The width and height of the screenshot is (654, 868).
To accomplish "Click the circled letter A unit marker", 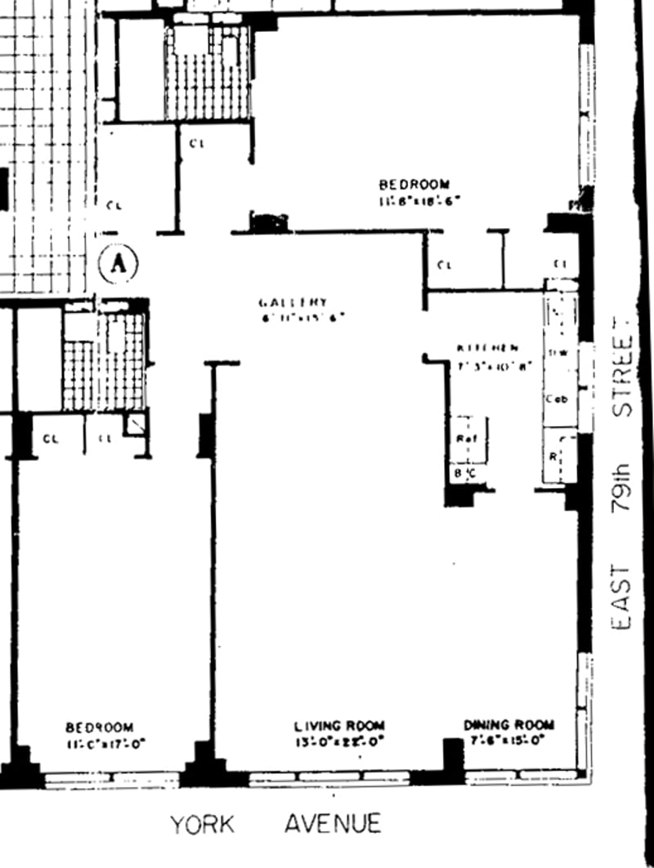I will pos(119,263).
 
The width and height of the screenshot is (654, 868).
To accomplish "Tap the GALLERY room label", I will pos(294,302).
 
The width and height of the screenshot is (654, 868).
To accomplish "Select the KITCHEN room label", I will pos(487,348).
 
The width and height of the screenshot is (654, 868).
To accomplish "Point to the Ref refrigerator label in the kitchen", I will pos(466,439).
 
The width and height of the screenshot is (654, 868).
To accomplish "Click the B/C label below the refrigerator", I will pos(463,472).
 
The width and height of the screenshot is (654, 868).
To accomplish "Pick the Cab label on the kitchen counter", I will pos(557,399).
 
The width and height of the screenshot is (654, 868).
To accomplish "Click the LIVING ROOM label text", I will pos(338,726).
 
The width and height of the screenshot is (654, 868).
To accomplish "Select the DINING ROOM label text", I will pos(508,725).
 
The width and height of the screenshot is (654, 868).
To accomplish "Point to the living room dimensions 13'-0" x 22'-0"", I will pos(338,743).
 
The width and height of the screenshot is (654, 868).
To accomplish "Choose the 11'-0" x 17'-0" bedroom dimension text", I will pos(99,745).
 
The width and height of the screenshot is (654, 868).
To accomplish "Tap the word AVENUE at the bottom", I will pos(333,823).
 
